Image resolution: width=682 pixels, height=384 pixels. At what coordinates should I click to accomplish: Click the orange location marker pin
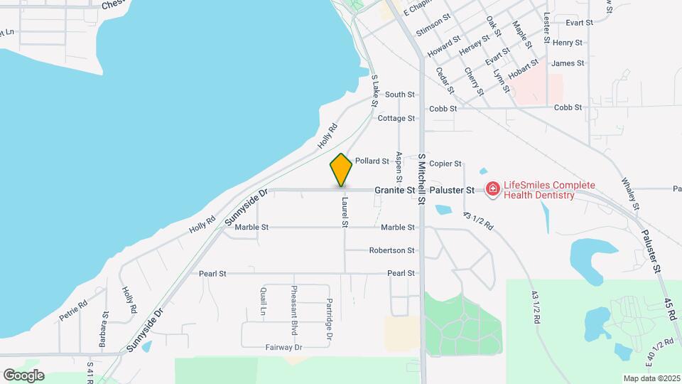pyautogui.click(x=341, y=170)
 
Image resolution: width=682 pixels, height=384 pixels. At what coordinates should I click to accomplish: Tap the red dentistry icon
pyautogui.click(x=492, y=189)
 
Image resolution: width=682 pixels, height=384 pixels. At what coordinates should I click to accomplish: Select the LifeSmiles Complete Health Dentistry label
pyautogui.click(x=539, y=190)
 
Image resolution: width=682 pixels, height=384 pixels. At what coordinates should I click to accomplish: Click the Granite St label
pyautogui.click(x=395, y=191)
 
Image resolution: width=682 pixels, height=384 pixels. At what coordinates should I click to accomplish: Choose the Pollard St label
pyautogui.click(x=372, y=161)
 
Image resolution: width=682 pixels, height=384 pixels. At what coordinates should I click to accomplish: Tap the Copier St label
pyautogui.click(x=445, y=164)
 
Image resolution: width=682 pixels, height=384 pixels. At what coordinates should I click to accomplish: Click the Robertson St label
pyautogui.click(x=391, y=250)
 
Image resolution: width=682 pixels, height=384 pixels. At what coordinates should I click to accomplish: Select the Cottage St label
pyautogui.click(x=396, y=118)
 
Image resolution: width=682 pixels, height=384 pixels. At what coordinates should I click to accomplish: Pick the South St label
pyautogui.click(x=400, y=95)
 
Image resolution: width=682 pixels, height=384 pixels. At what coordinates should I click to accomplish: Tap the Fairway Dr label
pyautogui.click(x=284, y=347)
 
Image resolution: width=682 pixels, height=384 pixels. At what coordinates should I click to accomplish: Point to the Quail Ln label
pyautogui.click(x=263, y=302)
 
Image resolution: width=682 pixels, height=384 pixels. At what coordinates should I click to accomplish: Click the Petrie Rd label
pyautogui.click(x=72, y=311)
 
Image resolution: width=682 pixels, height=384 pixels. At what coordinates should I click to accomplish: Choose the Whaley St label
pyautogui.click(x=630, y=193)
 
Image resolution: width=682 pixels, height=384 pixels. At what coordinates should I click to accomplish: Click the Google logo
pyautogui.click(x=23, y=375)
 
